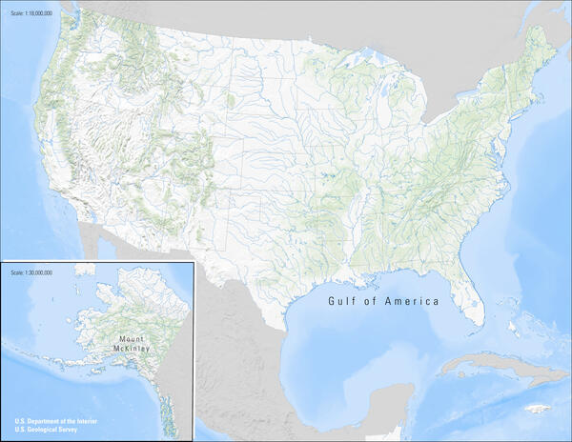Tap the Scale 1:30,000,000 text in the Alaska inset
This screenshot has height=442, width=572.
31,272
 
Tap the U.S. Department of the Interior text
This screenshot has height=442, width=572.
56,421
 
